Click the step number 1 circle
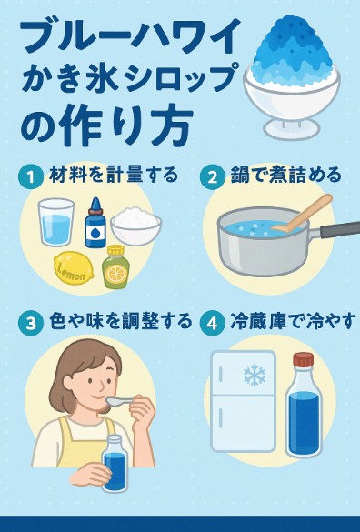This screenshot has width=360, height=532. coord(31,176)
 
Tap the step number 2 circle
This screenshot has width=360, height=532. coord(212,176)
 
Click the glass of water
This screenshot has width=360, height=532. coord(56,222)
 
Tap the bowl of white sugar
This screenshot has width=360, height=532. coord(136,226)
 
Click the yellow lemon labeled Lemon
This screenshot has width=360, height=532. coord(74,271)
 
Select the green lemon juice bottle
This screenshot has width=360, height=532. coord(115,267)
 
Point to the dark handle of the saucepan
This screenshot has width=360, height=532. coord(340,231)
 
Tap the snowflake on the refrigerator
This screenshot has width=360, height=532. coord(255,376)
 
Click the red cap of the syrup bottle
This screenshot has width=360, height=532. coord(304,360)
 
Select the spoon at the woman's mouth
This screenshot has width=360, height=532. coord(123,401)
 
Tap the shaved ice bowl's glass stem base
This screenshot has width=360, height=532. coord(292,128)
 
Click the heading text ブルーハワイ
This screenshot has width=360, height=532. coord(131,35)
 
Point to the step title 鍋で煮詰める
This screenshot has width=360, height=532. coord(286,176)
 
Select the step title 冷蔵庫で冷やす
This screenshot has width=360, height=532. coord(293,321)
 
